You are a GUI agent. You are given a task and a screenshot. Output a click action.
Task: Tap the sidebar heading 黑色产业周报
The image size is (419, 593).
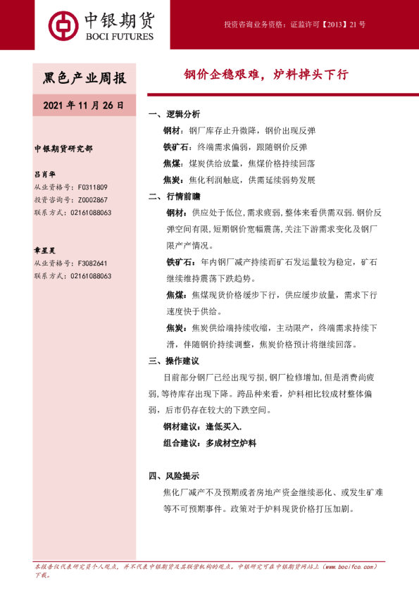point(85,77)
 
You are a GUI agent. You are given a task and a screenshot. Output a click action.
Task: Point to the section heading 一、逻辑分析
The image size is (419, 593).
point(175,114)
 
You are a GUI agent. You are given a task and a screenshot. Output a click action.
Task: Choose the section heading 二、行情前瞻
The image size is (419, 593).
point(175,196)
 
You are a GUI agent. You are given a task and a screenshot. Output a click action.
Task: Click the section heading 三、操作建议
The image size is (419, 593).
point(175,361)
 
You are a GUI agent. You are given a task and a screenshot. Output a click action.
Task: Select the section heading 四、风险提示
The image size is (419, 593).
point(175,475)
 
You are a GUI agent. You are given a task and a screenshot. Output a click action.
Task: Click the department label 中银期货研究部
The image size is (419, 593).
point(63,149)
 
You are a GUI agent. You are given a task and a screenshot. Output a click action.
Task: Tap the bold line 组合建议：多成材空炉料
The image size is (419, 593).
point(210,443)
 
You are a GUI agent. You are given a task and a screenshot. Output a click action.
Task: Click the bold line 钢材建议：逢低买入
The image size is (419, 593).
point(203,427)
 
